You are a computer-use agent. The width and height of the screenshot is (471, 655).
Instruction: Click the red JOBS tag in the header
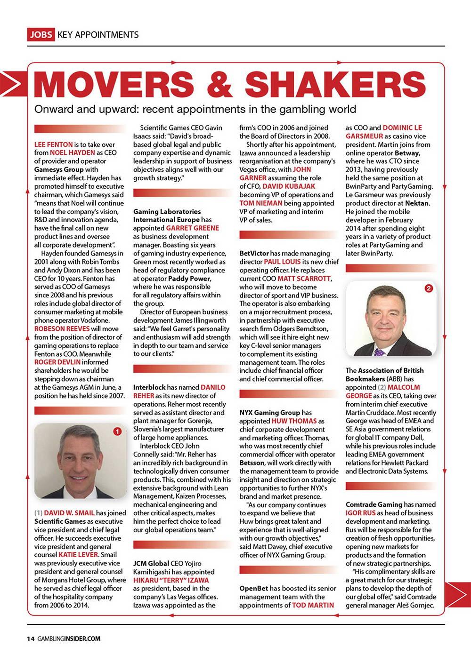[x=41, y=34]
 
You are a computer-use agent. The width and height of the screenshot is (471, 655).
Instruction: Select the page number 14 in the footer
[x=30, y=639]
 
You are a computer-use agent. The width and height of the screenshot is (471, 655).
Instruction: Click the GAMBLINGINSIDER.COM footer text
[x=69, y=639]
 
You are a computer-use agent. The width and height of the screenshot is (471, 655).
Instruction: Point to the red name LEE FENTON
[x=54, y=144]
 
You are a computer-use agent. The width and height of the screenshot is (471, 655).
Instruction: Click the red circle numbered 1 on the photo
[x=117, y=431]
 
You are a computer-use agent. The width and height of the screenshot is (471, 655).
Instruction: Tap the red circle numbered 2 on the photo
[x=429, y=289]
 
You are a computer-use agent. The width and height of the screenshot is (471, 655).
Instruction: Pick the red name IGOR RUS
[x=361, y=513]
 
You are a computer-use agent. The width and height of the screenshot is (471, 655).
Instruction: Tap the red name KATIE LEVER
[x=78, y=555]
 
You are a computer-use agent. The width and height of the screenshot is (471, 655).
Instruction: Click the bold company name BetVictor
[x=254, y=254]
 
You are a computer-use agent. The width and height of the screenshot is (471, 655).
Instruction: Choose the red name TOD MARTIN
[x=313, y=605]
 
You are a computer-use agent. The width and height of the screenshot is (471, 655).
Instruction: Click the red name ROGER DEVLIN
[x=57, y=362]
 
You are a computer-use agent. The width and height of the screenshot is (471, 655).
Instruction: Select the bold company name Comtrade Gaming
[x=374, y=504]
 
